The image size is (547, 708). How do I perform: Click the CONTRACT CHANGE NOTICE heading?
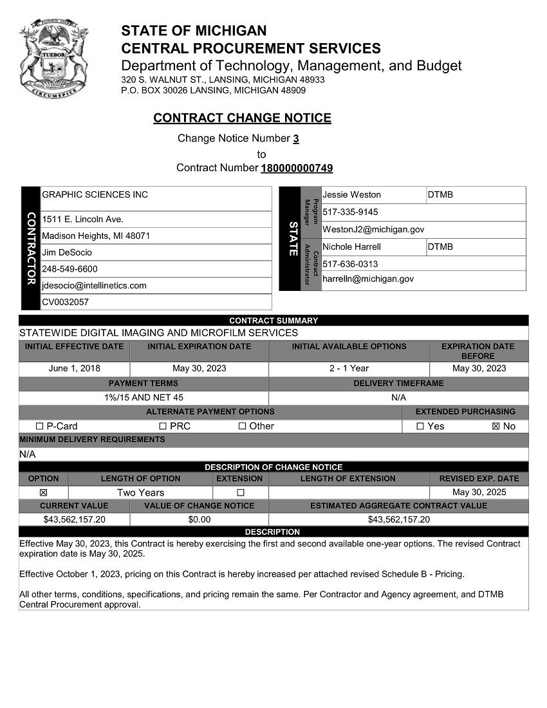[242, 118]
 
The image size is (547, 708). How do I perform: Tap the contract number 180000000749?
[297, 169]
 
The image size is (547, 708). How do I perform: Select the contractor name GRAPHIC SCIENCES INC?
[95, 194]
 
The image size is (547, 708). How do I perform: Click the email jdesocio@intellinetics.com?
[94, 285]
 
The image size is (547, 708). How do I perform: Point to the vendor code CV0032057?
[65, 302]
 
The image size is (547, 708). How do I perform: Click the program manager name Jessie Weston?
[351, 194]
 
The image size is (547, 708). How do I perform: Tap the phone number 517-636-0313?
[350, 264]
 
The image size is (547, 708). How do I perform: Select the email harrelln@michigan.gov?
[368, 279]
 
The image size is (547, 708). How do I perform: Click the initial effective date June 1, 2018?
[74, 369]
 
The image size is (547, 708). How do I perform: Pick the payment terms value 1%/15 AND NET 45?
[144, 398]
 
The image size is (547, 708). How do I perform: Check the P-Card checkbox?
[40, 426]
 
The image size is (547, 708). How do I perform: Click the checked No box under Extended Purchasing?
[496, 426]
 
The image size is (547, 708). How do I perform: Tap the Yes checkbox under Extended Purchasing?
[420, 426]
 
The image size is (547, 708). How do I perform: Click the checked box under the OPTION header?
[43, 492]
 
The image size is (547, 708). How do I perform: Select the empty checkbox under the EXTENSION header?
[240, 492]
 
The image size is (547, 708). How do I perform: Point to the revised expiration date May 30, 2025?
[479, 492]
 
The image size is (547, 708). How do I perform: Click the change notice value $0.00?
[199, 519]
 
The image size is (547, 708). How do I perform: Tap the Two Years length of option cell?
[140, 492]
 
